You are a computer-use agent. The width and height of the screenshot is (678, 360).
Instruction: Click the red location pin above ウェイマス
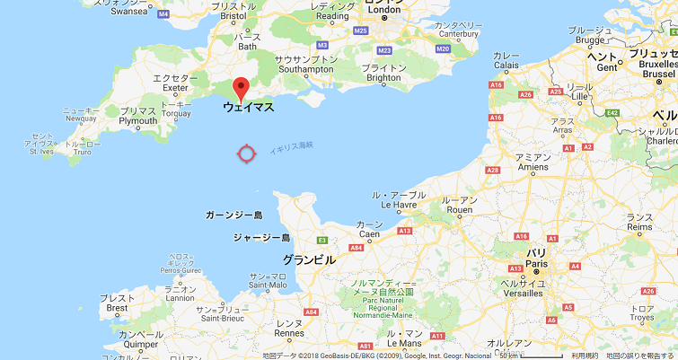click(x=240, y=89)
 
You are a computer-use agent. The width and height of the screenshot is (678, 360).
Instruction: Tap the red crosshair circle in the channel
click(x=247, y=154)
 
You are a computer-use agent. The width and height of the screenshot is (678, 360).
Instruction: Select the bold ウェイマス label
click(x=249, y=107)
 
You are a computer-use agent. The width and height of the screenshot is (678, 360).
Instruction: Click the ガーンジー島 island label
click(x=233, y=216)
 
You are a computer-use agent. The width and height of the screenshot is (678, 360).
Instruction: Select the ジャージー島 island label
click(x=261, y=238)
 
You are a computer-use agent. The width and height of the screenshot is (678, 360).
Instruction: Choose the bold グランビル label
click(x=309, y=259)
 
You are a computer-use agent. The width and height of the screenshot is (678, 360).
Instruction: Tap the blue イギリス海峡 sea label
click(x=292, y=147)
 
